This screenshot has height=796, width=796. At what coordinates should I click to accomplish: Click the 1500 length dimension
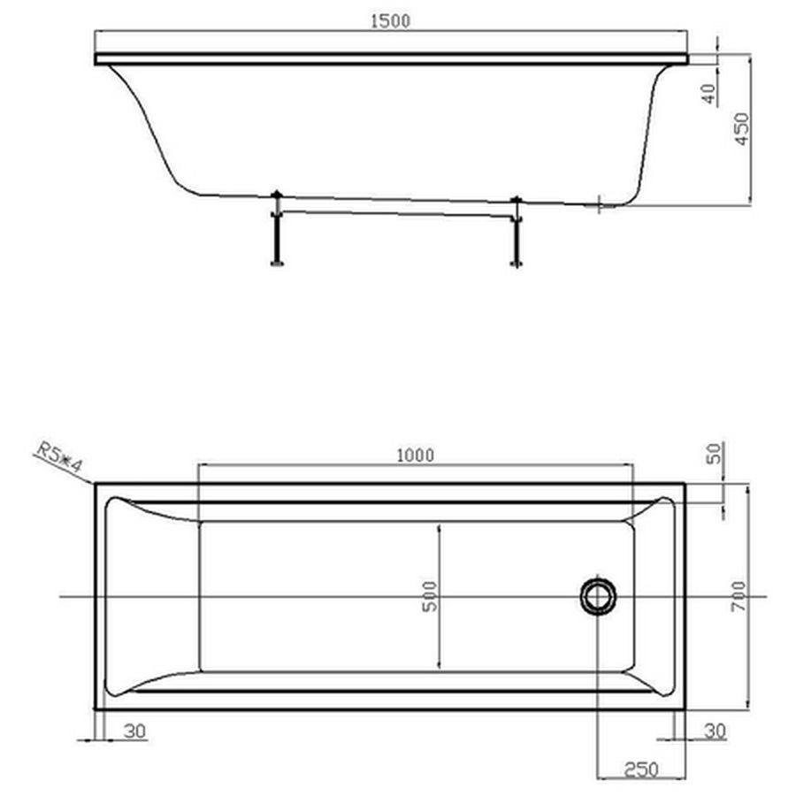[x=390, y=21]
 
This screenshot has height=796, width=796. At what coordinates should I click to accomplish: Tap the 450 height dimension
[x=742, y=129]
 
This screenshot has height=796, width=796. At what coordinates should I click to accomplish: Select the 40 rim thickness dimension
[x=709, y=94]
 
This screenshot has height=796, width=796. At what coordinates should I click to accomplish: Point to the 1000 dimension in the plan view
[x=416, y=455]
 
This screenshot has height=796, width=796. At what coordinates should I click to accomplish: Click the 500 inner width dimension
[x=430, y=596]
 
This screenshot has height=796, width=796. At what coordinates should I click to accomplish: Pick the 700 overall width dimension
[x=739, y=596]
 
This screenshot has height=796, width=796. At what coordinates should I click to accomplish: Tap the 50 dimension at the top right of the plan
[x=715, y=454]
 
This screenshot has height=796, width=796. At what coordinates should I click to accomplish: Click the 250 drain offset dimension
[x=641, y=769]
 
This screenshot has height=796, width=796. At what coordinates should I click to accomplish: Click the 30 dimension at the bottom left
[x=134, y=731]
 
